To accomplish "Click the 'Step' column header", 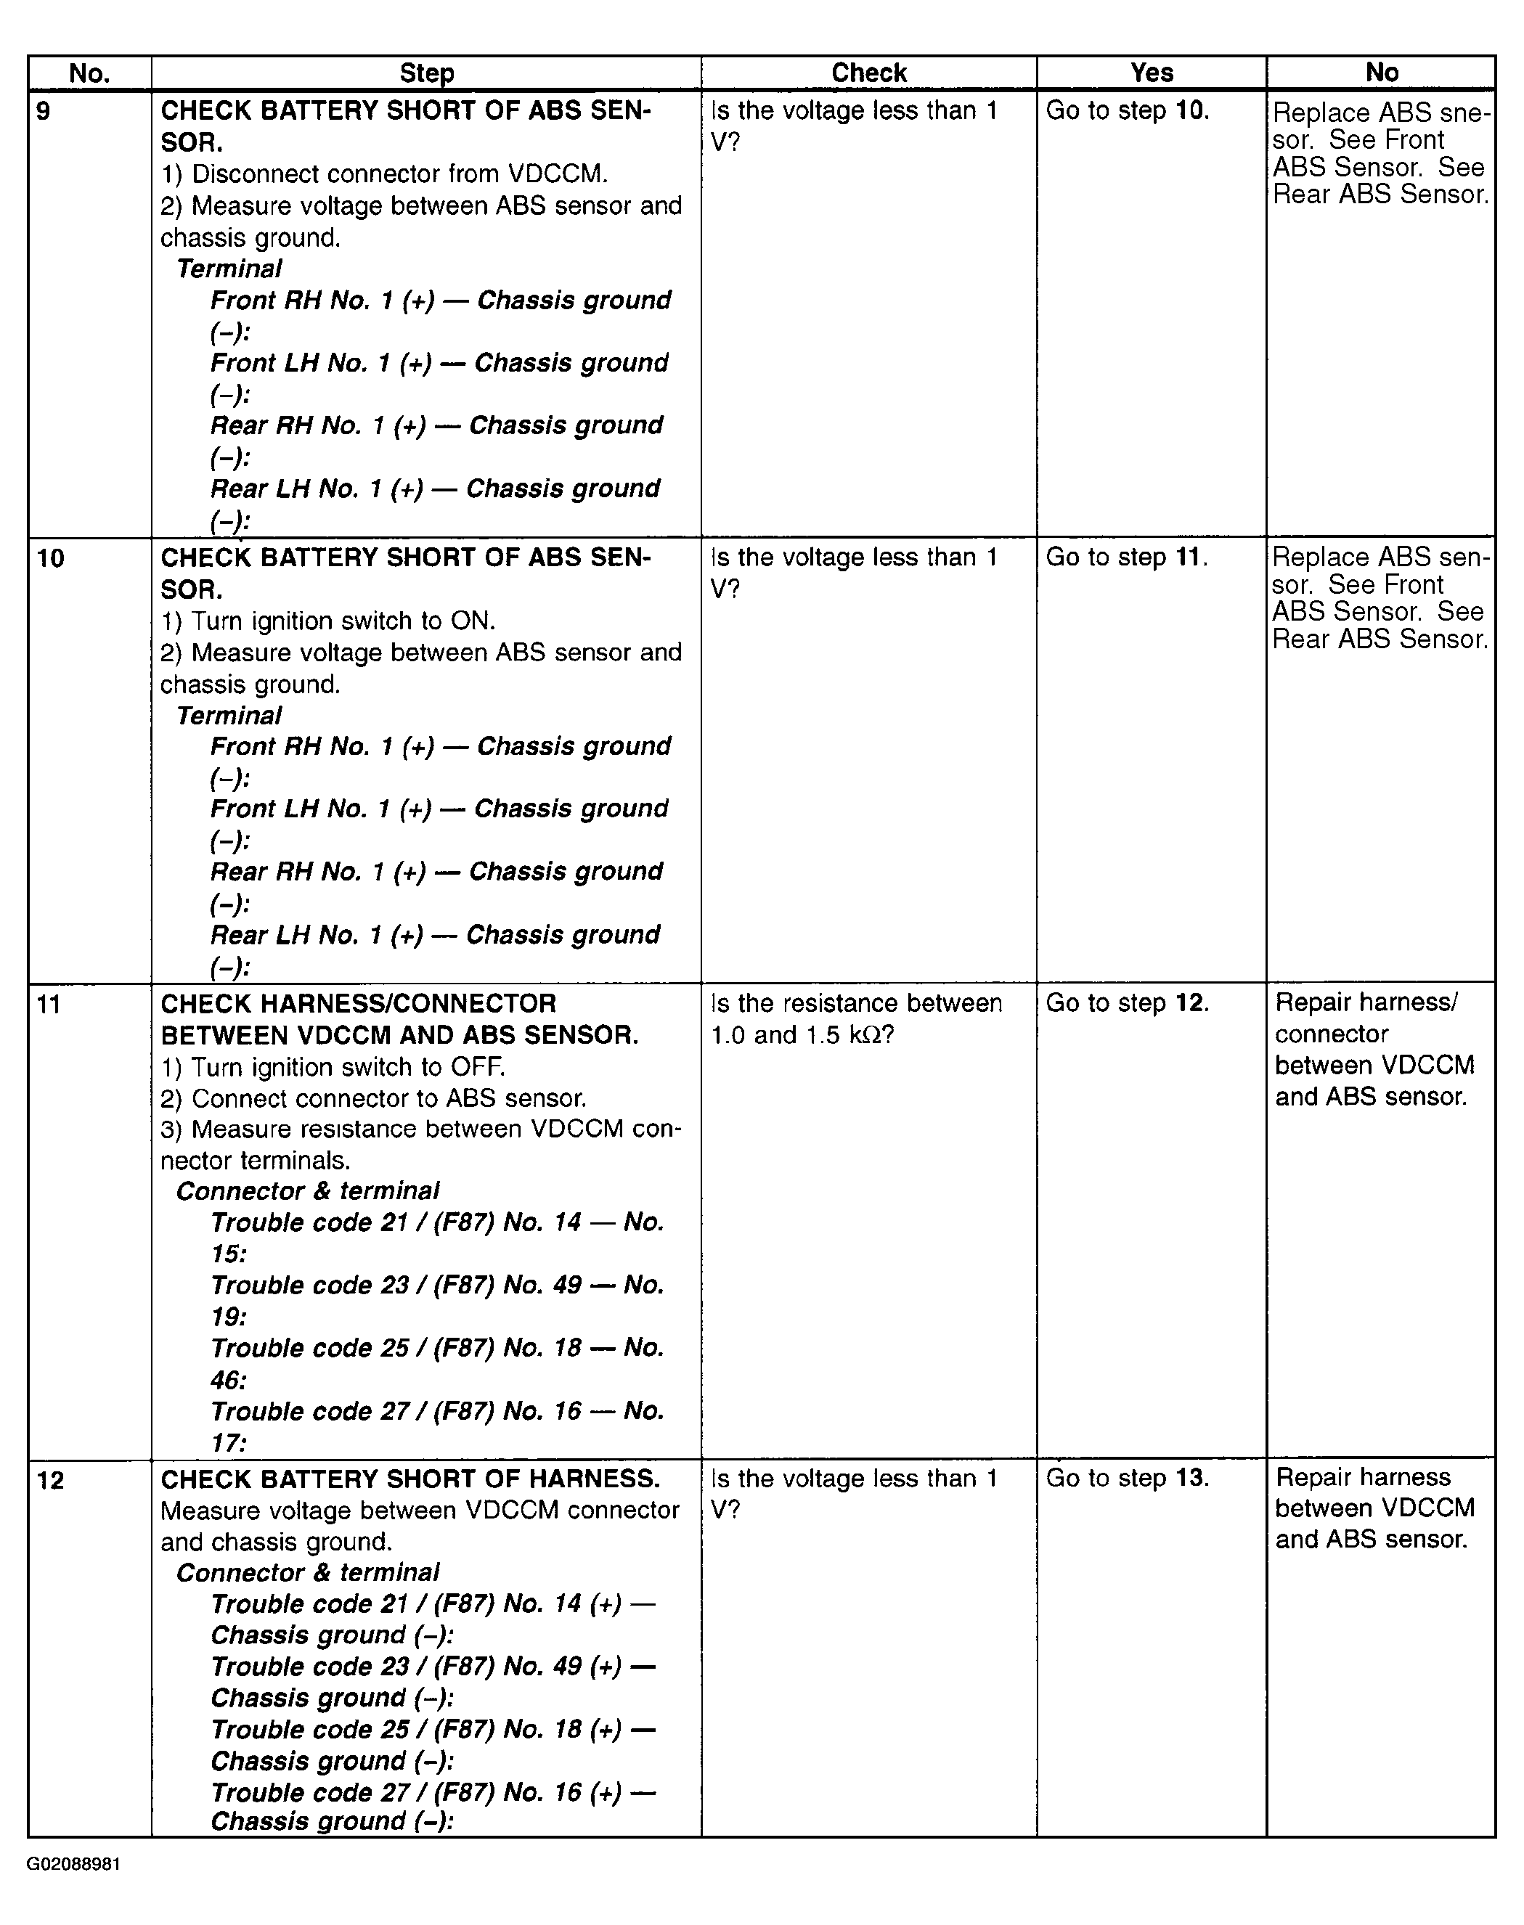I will (x=426, y=73).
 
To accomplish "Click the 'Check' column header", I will (x=868, y=73).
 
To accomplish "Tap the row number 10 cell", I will (x=50, y=558).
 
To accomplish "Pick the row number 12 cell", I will (x=50, y=1481).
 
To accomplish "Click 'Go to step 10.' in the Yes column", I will (x=1127, y=110).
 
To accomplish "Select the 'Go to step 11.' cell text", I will (x=1126, y=557).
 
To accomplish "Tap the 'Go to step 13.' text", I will (x=1127, y=1478).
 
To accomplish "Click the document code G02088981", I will (x=73, y=1864).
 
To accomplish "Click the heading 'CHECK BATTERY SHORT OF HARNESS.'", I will (x=409, y=1479).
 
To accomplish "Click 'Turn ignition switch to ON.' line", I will (x=327, y=621).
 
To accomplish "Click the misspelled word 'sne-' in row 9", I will (x=1463, y=113).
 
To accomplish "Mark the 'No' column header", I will (x=1381, y=73).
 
